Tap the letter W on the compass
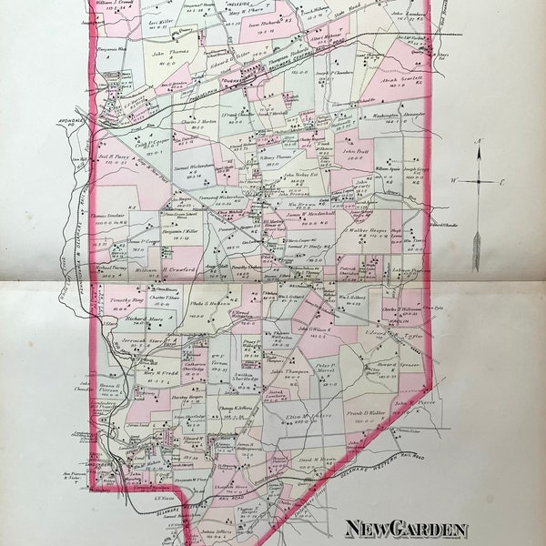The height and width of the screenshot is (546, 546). click(x=452, y=180)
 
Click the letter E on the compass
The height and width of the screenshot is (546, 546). click(x=500, y=182)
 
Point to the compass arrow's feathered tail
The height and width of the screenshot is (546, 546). click(x=476, y=251)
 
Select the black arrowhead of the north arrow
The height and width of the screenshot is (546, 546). click(x=476, y=150)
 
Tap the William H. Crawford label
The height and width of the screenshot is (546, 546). click(x=169, y=269)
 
